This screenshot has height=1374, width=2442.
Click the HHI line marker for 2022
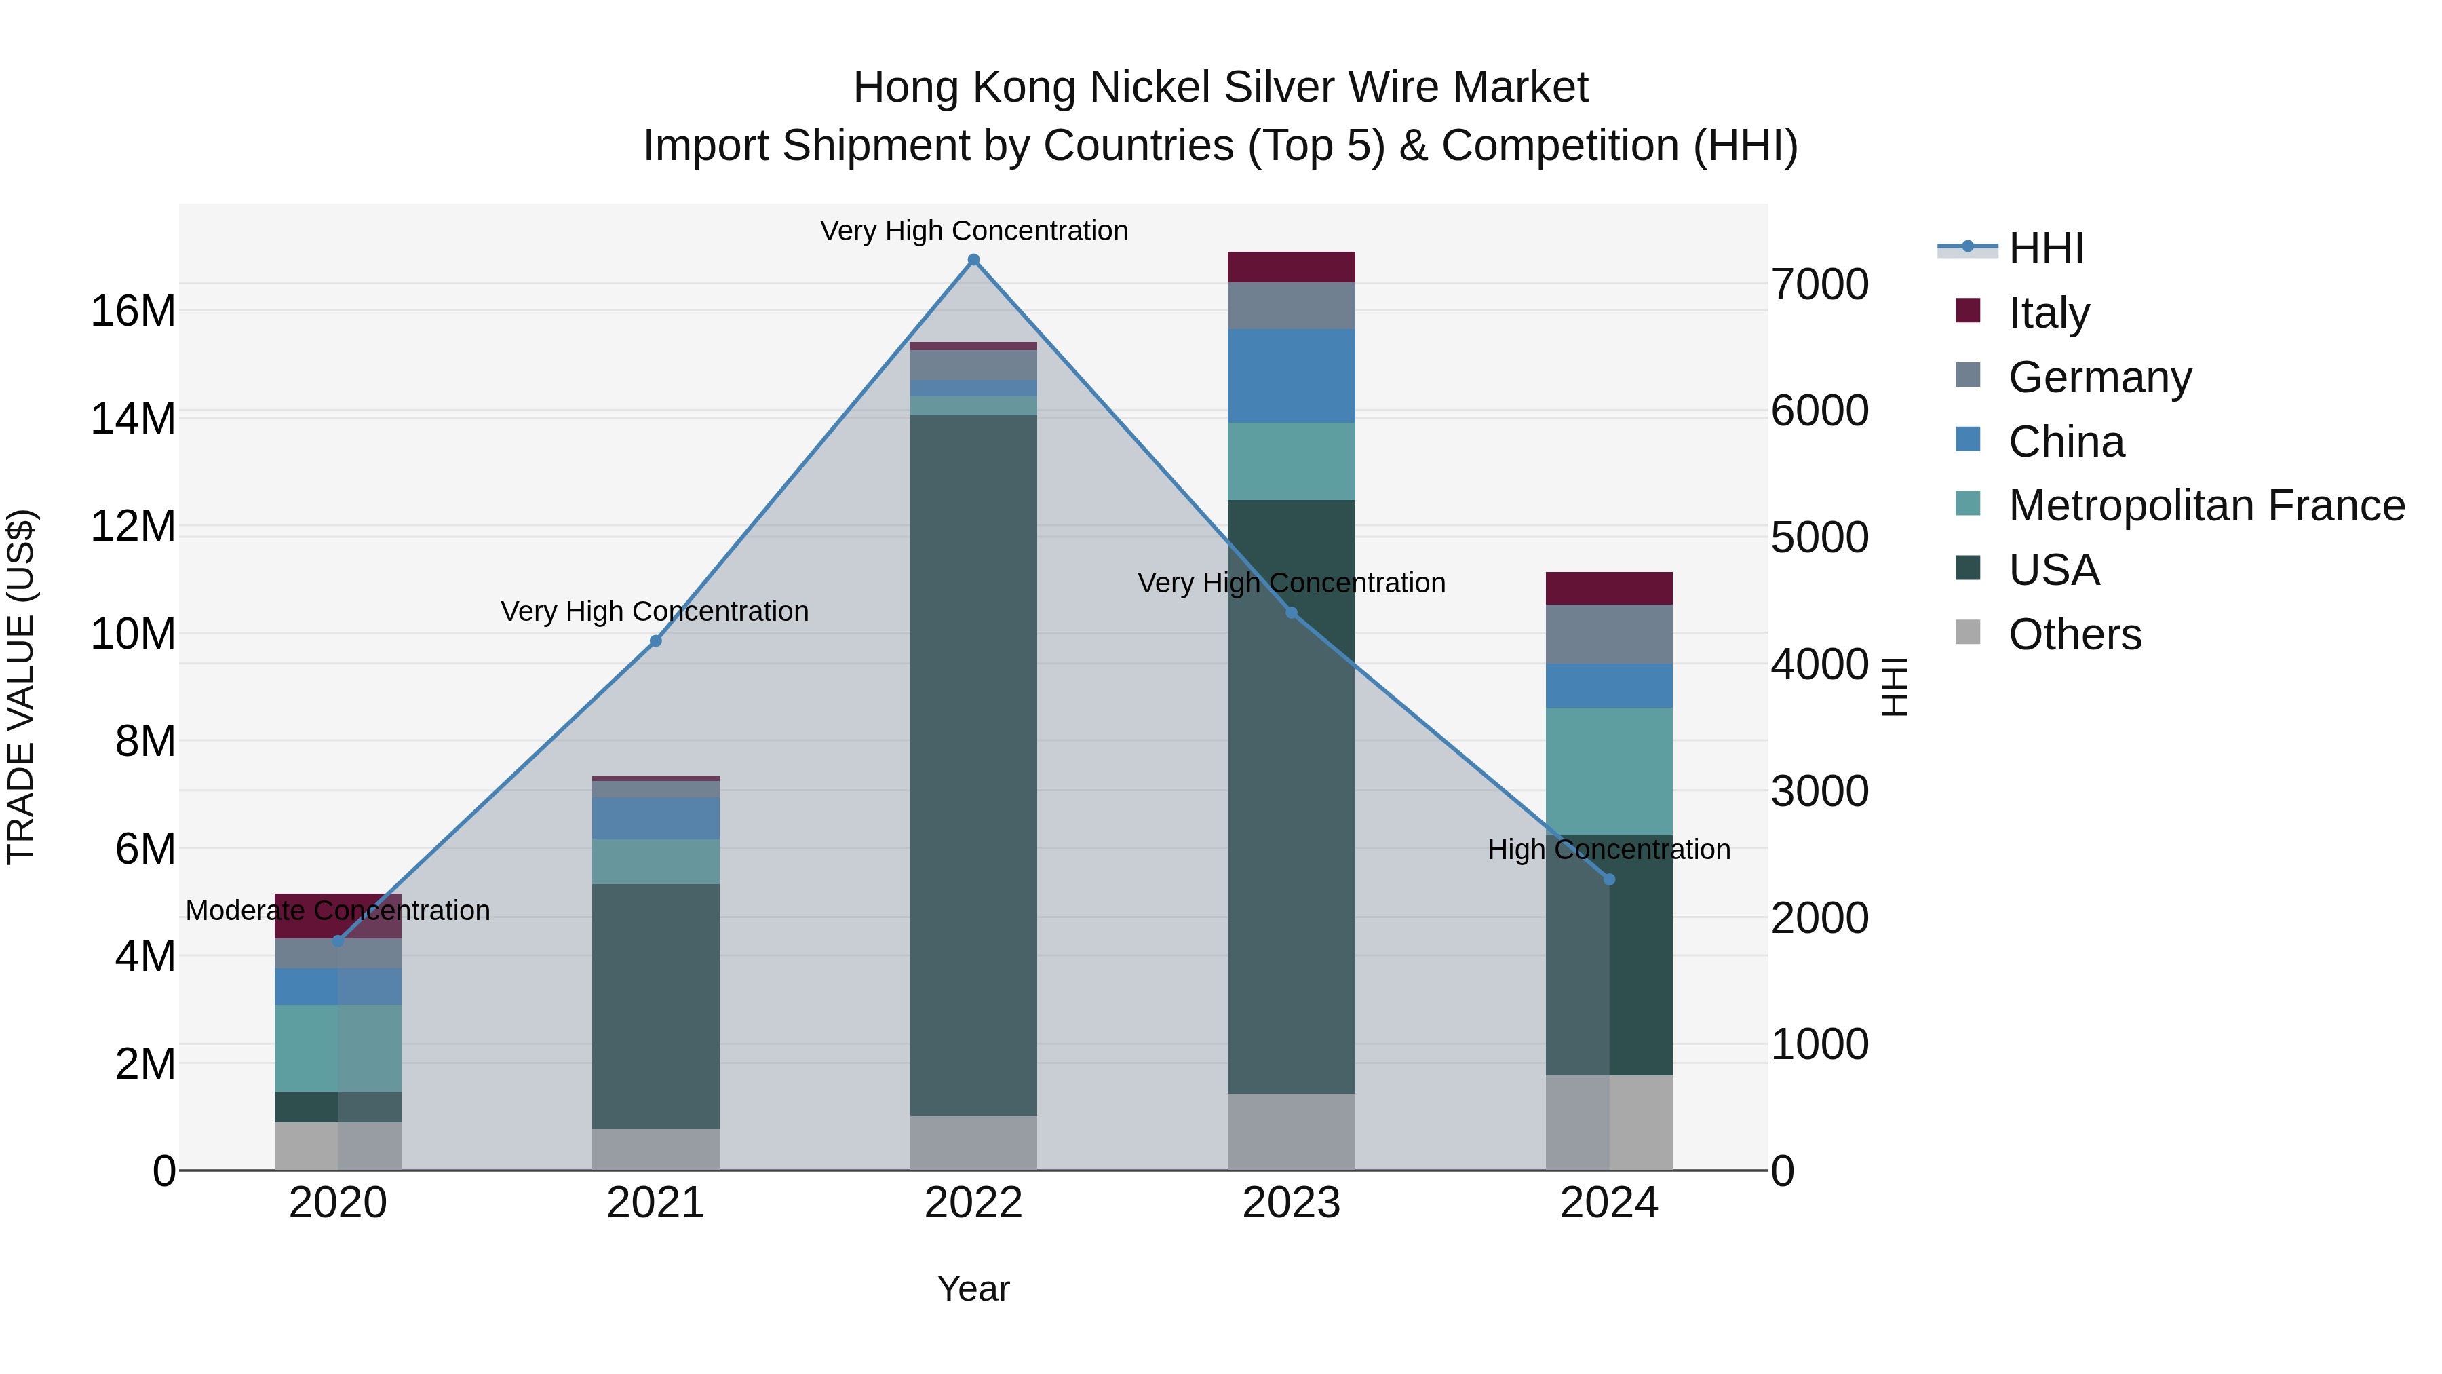click(973, 260)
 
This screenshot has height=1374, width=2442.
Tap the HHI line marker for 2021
click(655, 641)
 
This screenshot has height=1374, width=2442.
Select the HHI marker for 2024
click(1609, 879)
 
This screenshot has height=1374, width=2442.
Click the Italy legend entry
click(2048, 313)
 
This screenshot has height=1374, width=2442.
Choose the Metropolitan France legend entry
click(2206, 505)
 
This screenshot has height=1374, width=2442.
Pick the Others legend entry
click(2074, 634)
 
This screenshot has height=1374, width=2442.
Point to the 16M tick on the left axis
click(133, 311)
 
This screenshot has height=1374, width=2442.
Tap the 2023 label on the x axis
click(1291, 1203)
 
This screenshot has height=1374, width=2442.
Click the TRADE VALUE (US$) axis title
click(21, 687)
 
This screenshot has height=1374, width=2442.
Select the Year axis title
click(973, 1289)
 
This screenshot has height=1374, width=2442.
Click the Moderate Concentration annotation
click(338, 911)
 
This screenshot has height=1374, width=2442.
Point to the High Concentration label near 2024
click(1609, 850)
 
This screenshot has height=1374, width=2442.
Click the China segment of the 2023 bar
click(1291, 375)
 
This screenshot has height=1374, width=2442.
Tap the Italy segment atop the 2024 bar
click(1609, 588)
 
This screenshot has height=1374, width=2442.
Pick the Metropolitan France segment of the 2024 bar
click(1609, 771)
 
